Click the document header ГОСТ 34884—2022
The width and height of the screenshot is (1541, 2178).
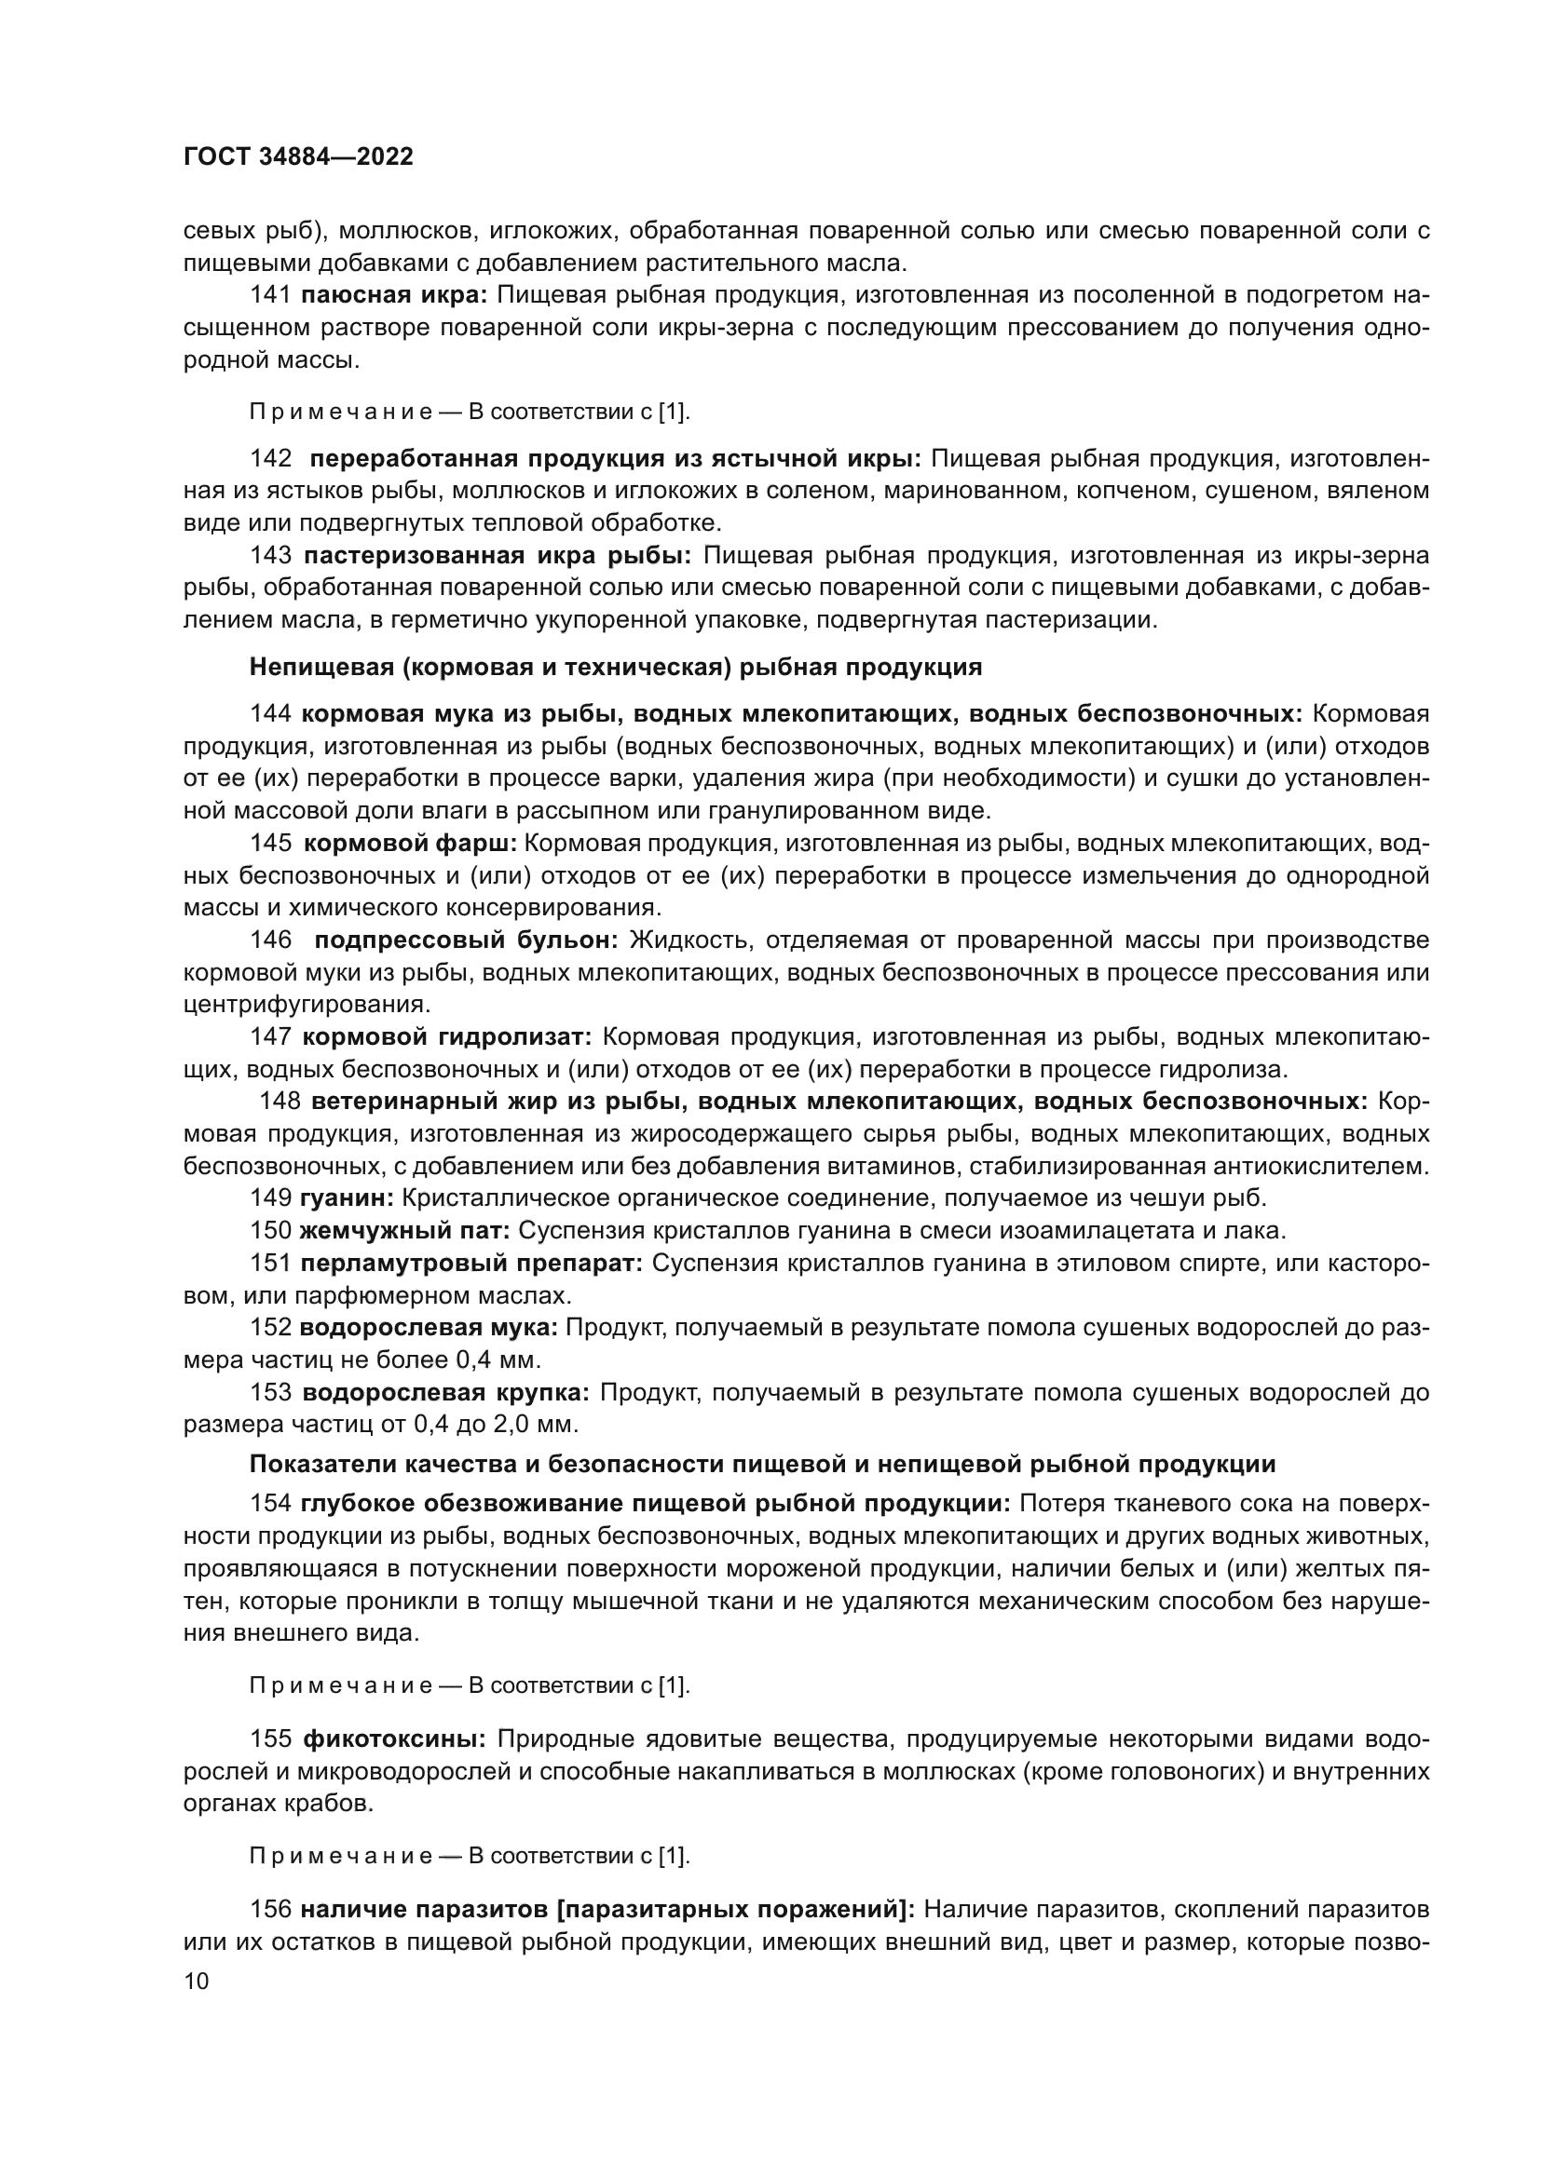pos(298,157)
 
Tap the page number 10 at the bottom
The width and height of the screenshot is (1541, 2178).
pos(196,1981)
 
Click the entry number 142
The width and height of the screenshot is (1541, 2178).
pos(270,459)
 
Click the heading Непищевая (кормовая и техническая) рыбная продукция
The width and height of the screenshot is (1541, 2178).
pos(615,667)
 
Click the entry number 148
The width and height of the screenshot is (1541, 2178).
pos(280,1102)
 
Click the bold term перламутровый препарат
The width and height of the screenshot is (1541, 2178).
pos(471,1264)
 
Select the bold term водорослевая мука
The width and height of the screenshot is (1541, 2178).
pos(429,1327)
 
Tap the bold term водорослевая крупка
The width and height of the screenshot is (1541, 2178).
pos(446,1392)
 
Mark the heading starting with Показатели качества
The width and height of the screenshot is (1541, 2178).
pos(762,1464)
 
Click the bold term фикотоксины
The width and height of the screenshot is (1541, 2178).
pos(395,1739)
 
